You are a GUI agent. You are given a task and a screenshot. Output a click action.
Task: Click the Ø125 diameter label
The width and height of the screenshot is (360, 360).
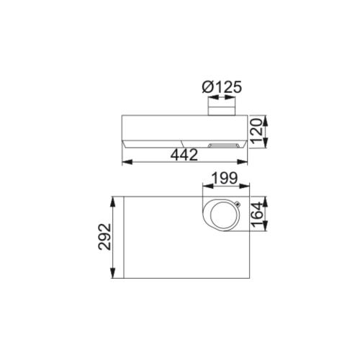pos(222,88)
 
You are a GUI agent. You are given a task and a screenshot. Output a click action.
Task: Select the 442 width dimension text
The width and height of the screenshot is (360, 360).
pos(185,155)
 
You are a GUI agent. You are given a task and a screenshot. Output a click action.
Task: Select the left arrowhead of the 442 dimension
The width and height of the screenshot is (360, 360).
pos(127,162)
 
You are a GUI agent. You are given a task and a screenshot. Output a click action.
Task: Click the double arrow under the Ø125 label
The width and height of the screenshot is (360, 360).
pos(222,101)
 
